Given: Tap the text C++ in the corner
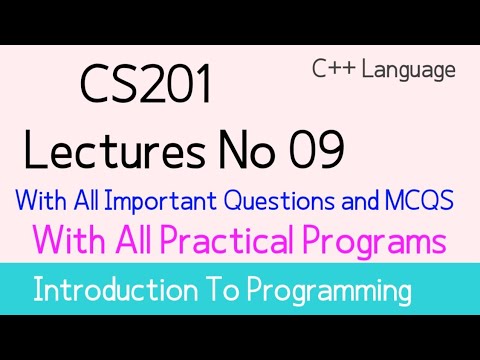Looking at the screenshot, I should tap(330, 70).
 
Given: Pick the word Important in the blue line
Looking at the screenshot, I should tap(160, 200).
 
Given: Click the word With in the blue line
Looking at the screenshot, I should tap(45, 200).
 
